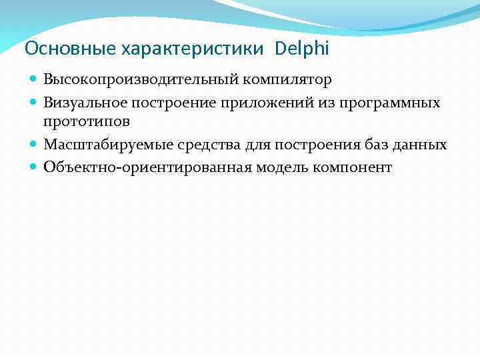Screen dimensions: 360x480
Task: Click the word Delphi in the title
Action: pyautogui.click(x=301, y=49)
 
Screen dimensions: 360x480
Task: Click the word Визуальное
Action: pyautogui.click(x=85, y=103)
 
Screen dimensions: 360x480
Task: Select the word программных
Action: pyautogui.click(x=389, y=103)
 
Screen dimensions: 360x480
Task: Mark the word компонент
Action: pyautogui.click(x=354, y=167)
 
